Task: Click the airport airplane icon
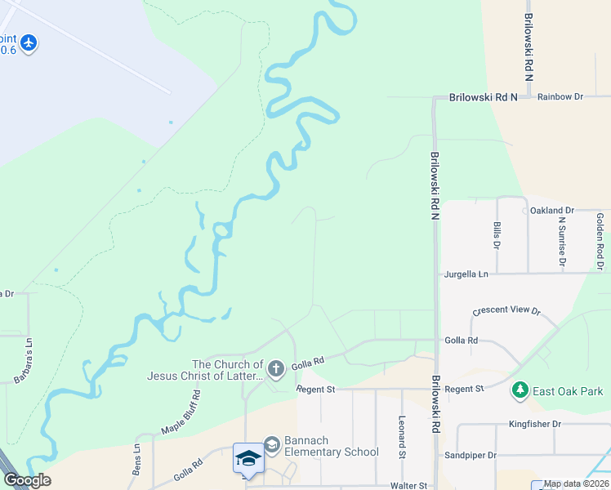pos(29,42)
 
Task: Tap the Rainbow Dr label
pos(560,96)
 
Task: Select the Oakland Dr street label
pos(552,210)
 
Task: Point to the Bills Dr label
pos(497,234)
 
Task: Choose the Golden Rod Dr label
pos(600,241)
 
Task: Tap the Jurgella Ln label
pos(466,274)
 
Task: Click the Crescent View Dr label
pos(506,311)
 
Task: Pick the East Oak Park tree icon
pos(520,390)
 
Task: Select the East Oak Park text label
pos(568,391)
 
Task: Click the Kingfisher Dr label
pos(534,424)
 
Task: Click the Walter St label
pos(408,485)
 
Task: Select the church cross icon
pos(276,370)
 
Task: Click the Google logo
pos(27,479)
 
